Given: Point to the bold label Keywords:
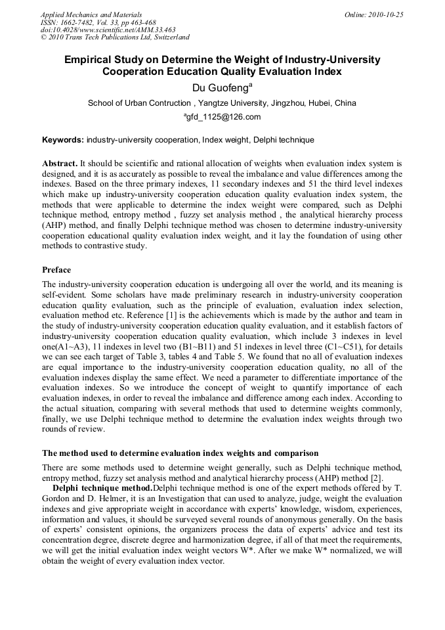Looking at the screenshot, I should [63, 140].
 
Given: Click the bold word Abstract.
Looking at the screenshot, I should [59, 162].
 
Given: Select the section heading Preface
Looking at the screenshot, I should [56, 270].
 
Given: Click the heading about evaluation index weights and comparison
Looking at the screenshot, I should [180, 453].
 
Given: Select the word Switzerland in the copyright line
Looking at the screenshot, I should [168, 37].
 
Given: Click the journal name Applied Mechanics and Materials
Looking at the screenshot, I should [91, 14].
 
